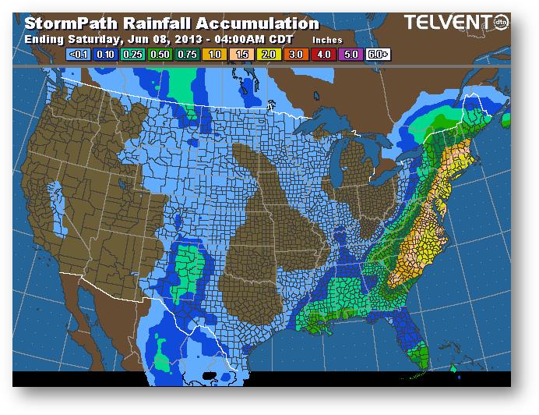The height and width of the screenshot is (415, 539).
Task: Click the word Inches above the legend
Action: click(x=327, y=39)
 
